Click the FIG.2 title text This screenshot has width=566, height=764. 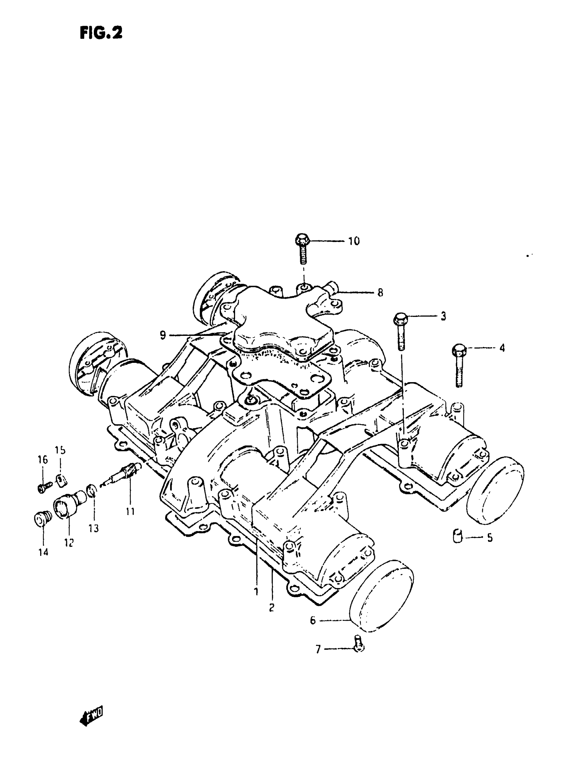click(x=101, y=34)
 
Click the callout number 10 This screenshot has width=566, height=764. click(x=354, y=241)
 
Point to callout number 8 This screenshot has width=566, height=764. click(x=380, y=293)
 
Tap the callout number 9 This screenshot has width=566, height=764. click(x=163, y=335)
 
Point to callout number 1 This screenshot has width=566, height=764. click(x=256, y=591)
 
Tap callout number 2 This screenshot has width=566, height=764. click(x=272, y=608)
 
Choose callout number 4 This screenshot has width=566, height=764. click(x=502, y=349)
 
